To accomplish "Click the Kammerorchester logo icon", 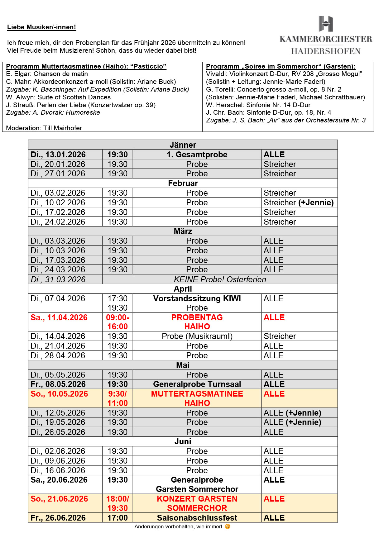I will [x=326, y=24].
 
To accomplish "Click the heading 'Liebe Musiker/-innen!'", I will [x=41, y=27].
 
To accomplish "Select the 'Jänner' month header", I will [x=183, y=145].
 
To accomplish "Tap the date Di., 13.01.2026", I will [x=58, y=155].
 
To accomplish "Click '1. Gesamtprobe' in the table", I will [x=197, y=155].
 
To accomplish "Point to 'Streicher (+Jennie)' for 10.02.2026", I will [x=299, y=202].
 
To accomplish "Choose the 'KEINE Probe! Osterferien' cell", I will [x=220, y=279].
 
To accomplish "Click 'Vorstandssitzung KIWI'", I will [x=197, y=298].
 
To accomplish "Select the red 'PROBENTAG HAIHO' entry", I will [x=197, y=322].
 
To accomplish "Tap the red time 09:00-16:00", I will [x=117, y=322].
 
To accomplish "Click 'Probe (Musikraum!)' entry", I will [x=197, y=336].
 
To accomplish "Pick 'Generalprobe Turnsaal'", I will [x=197, y=384].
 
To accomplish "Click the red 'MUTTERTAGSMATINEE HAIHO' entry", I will [x=197, y=398].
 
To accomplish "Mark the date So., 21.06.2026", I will [x=59, y=499].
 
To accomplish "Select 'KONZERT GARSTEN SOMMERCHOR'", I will [x=197, y=503].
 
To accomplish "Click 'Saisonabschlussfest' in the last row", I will [x=197, y=518].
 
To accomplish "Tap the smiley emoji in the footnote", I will [x=228, y=526].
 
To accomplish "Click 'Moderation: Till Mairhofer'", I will [x=44, y=128].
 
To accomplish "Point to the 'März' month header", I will [x=183, y=231].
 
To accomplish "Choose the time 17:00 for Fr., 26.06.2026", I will [x=117, y=518].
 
